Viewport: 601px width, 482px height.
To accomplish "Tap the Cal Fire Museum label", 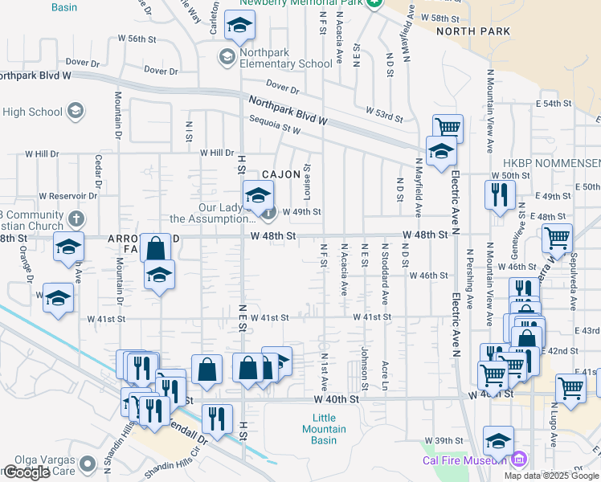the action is [465, 460].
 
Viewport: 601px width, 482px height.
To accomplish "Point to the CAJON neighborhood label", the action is [280, 174].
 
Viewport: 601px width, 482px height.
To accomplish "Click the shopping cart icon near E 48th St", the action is [556, 238].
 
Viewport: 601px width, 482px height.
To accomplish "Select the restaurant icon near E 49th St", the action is [500, 194].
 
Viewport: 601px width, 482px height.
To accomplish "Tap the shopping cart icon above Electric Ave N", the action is [448, 127].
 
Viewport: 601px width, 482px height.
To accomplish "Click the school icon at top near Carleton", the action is [239, 27].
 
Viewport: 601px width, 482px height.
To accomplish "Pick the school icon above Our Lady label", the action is [258, 195].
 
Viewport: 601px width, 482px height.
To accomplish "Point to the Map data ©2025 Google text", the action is [552, 476].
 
